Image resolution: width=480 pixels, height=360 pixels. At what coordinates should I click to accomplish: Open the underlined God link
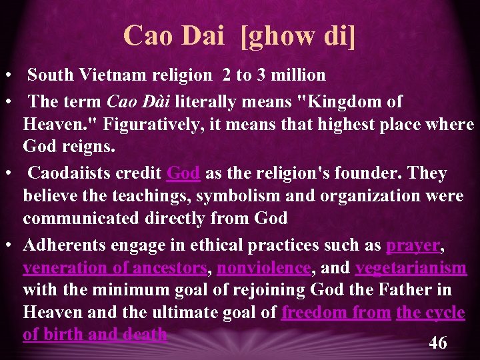click(183, 173)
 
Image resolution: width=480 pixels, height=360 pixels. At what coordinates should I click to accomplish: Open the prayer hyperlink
click(413, 245)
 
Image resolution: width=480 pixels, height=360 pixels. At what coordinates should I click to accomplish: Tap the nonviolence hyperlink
click(263, 268)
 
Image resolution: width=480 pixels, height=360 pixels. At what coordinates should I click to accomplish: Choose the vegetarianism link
click(411, 268)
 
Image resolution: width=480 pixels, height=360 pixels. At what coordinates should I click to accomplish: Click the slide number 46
click(437, 343)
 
